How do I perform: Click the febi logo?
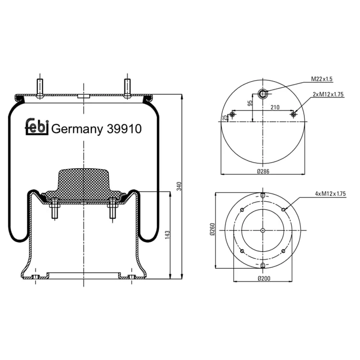(37, 126)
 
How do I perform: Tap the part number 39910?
(124, 129)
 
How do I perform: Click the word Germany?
(77, 130)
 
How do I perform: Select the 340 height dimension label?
(179, 186)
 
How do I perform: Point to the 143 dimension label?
(168, 235)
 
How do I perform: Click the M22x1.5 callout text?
(322, 79)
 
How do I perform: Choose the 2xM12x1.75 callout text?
(328, 94)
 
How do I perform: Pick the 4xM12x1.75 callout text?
(330, 194)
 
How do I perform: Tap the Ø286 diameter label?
(263, 171)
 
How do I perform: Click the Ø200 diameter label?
(264, 278)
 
